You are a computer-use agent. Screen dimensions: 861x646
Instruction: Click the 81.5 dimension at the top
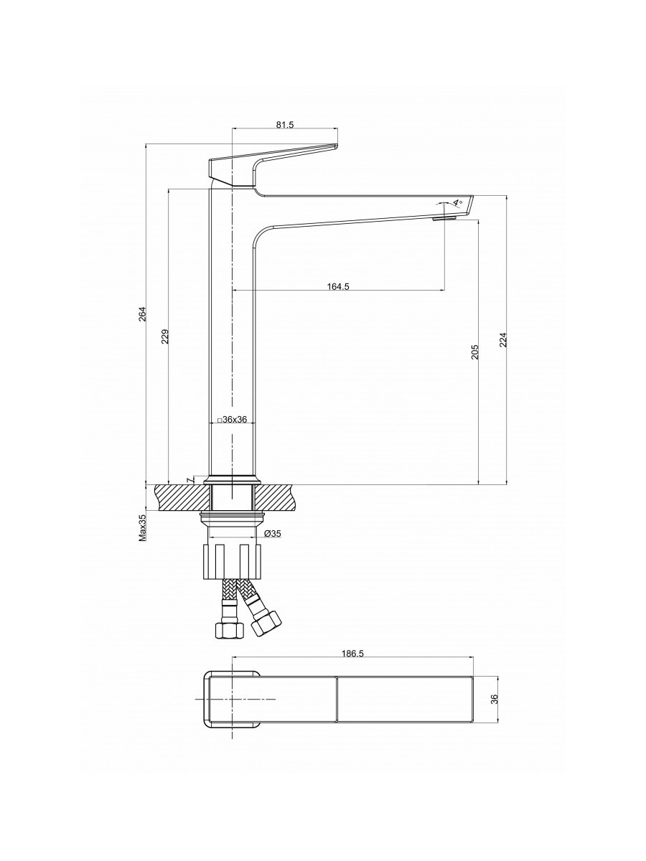point(285,125)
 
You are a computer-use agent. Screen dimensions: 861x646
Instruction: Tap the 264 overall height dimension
point(142,314)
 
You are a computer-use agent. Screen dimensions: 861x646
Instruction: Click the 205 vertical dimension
point(475,351)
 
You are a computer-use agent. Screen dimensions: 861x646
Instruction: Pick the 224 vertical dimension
point(503,339)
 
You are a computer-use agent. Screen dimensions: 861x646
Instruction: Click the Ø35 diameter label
point(272,534)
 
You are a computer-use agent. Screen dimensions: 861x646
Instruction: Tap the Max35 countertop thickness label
point(142,527)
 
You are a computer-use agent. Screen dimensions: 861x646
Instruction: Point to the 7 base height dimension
point(189,479)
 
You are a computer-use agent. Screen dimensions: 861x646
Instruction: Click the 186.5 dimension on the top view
point(350,654)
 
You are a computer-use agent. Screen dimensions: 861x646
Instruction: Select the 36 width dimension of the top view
point(494,700)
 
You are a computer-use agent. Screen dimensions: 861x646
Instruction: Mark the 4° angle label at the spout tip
point(456,204)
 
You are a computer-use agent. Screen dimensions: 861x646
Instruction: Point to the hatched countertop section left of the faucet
point(179,497)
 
